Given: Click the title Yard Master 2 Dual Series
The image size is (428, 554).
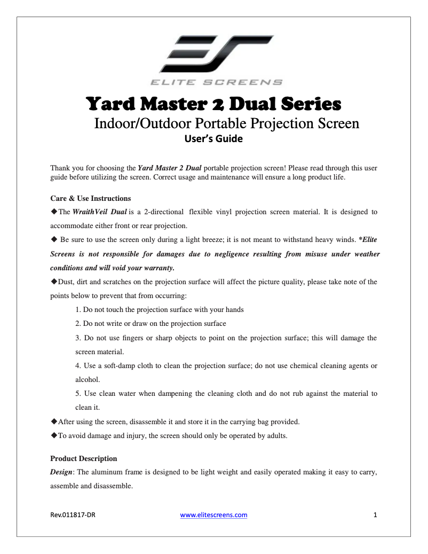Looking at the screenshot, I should point(213,102).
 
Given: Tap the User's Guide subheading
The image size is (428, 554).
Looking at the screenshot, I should point(213,139).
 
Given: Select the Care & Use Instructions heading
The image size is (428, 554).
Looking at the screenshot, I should point(90,198).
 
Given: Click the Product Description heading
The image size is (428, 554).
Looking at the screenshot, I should point(83,458).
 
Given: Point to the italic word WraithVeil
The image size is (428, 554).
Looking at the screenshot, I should point(90,212).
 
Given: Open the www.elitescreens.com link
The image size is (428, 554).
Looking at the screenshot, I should point(213,515).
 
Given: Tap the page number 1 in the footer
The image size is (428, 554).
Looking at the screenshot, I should point(375,515).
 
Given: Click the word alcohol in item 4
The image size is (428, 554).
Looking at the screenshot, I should point(87,380).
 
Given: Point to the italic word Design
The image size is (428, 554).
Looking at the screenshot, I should point(61,472).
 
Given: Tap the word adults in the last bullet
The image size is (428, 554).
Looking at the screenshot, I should point(276,435).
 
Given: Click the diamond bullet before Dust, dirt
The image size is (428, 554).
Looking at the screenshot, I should point(53,282).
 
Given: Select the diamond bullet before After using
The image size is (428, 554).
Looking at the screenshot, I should point(53,422).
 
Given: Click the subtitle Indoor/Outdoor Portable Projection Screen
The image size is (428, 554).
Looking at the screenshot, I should point(226,123).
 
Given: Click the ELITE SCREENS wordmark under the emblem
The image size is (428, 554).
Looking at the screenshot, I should point(216,82).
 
